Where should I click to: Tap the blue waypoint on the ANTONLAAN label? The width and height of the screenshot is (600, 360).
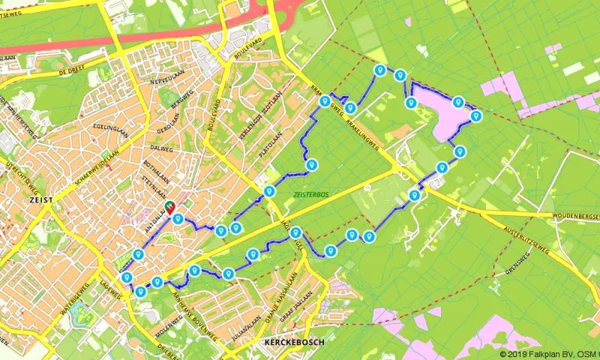pos(178,219)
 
